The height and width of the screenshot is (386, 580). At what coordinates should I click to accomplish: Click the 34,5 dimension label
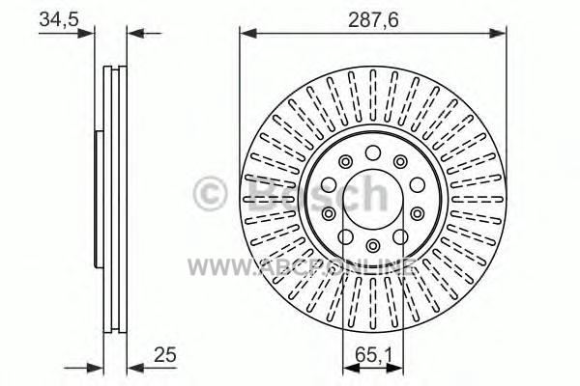tap(59, 19)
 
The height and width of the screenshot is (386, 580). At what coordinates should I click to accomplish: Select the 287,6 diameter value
tap(373, 20)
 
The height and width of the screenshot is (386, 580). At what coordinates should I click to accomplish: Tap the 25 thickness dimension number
tap(165, 355)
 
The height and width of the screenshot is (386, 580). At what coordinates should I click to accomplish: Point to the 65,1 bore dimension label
tap(373, 355)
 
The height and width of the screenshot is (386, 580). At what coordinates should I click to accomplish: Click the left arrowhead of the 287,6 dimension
tap(248, 33)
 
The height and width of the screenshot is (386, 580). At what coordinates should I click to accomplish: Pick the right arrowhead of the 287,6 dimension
tap(497, 33)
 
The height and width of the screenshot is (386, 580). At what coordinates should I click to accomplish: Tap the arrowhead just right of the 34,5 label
tap(86, 33)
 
